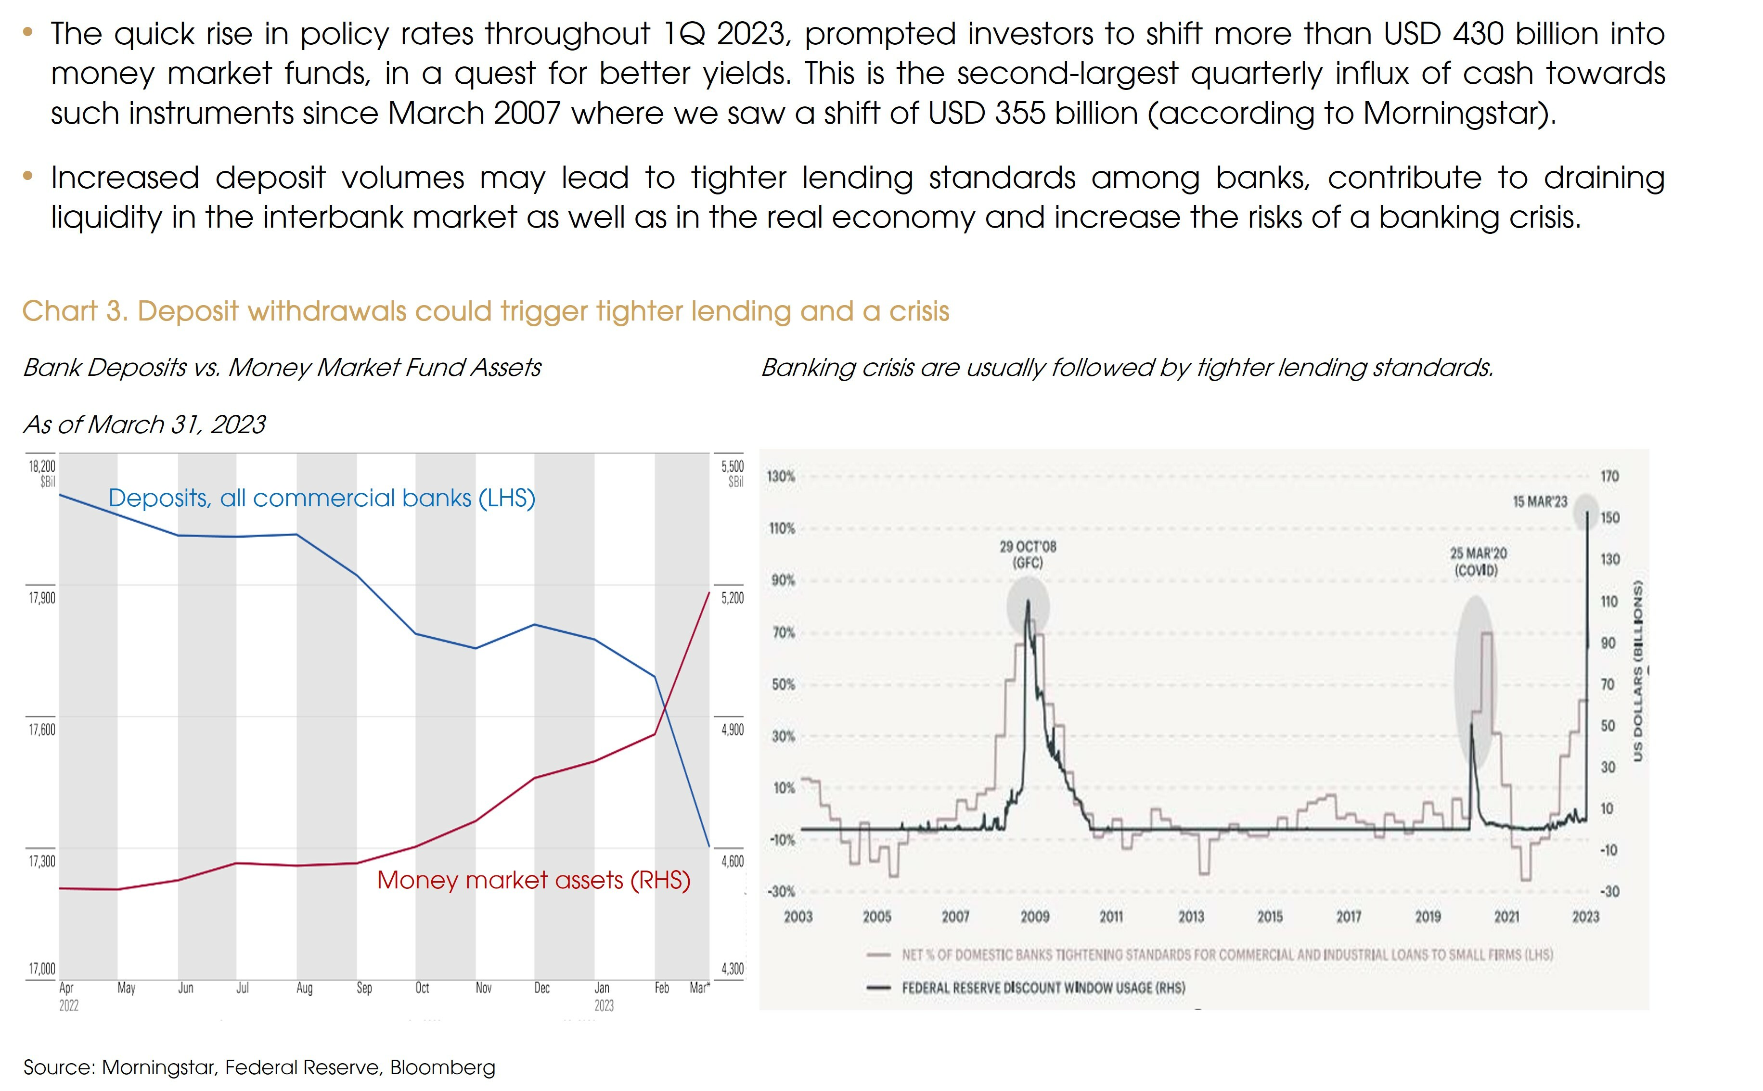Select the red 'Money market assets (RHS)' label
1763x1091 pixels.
pos(533,880)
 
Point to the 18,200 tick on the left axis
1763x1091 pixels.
pos(42,466)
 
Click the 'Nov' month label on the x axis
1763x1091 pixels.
pos(484,988)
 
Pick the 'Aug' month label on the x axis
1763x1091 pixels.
pos(305,988)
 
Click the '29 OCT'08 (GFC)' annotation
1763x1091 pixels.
pos(1028,554)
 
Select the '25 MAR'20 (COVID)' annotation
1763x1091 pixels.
pos(1478,561)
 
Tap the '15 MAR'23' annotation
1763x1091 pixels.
pos(1540,501)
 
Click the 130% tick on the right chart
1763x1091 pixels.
pos(781,476)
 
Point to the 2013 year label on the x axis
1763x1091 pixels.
pos(1191,916)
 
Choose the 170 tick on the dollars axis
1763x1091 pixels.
pos(1610,476)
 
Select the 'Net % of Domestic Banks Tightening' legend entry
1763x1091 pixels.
pos(1227,955)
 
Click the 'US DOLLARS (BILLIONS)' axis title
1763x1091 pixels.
pos(1638,671)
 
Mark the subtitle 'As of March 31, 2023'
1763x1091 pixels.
pos(144,424)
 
